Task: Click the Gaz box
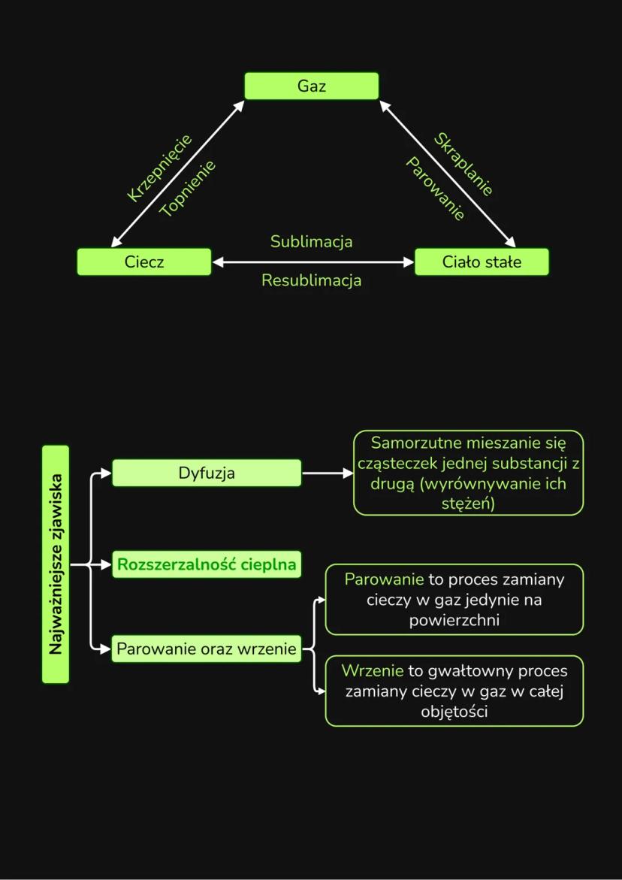311,86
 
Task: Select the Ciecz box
144,262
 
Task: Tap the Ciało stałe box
482,262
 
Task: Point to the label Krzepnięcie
159,168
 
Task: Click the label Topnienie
187,189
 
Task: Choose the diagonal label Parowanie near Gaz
436,189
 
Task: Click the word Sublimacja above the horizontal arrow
311,242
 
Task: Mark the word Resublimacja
311,280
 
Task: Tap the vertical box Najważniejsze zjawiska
56,564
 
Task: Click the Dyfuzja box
207,473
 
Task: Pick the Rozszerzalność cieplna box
207,564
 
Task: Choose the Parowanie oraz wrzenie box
207,648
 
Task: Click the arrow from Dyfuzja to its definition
327,473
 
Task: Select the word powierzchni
454,621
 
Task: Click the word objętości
454,711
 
